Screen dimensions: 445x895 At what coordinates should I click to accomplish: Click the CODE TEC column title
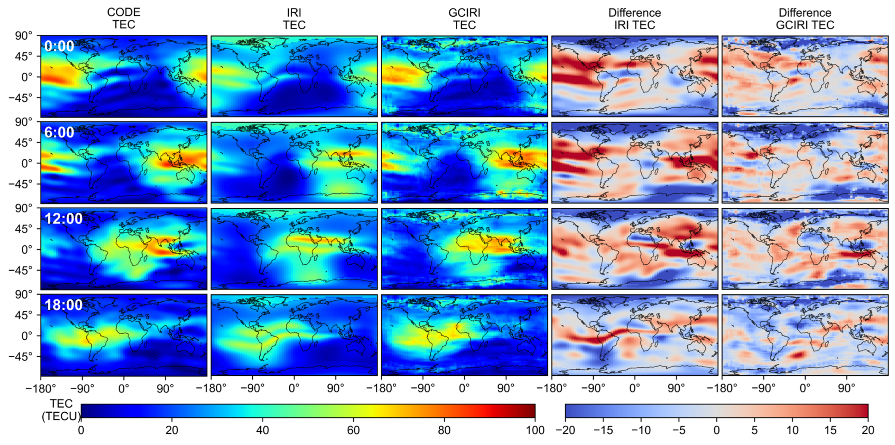124,18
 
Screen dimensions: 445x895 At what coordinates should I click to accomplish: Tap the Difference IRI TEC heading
634,19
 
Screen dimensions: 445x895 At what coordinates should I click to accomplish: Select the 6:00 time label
59,132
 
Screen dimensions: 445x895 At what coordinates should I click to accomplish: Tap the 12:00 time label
63,218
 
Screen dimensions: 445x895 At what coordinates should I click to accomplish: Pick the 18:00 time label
63,305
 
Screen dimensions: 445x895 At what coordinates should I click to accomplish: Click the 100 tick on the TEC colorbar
535,430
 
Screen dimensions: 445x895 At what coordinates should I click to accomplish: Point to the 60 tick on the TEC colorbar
353,430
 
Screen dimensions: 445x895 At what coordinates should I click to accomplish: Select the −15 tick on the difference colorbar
603,430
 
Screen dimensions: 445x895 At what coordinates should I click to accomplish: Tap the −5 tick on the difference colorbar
679,430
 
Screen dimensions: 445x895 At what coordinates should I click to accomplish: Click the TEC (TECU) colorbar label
61,410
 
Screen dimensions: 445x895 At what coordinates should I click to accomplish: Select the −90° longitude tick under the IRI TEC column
252,388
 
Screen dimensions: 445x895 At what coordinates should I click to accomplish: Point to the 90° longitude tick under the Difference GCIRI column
846,388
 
